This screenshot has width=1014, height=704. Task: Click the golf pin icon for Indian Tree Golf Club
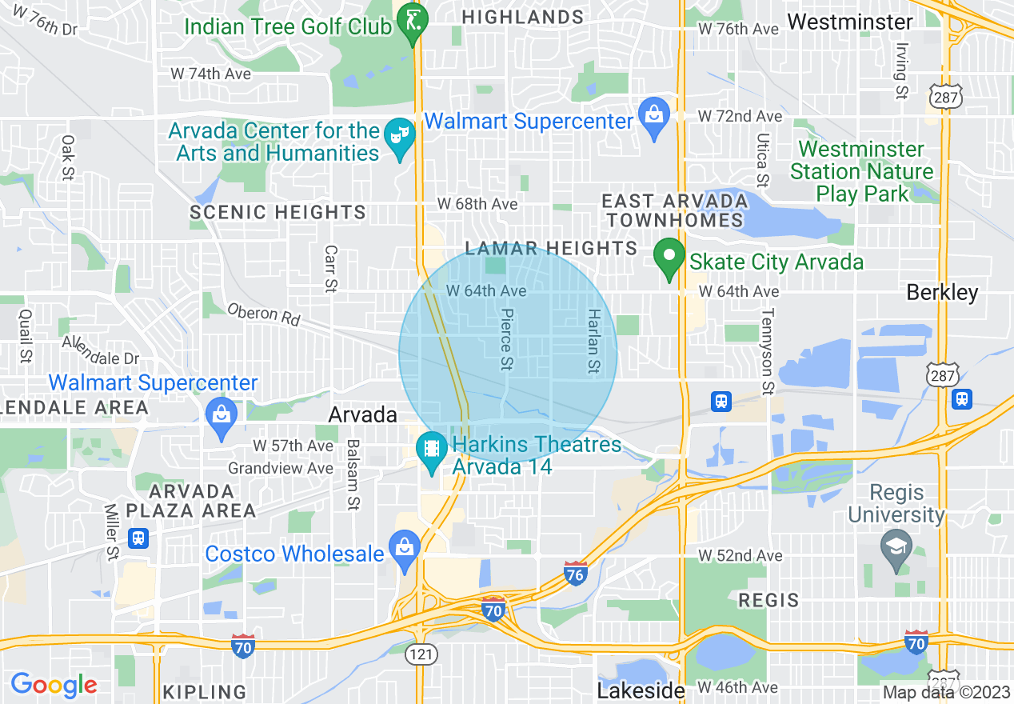pos(414,18)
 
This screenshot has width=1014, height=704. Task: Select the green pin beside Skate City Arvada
pos(668,258)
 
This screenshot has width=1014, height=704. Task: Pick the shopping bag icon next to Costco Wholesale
pos(405,548)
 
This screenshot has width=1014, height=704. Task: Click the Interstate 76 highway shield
pos(575,572)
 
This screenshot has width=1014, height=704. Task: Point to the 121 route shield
pos(421,654)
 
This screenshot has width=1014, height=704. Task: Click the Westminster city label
pos(849,21)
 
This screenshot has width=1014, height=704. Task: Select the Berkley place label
pos(942,292)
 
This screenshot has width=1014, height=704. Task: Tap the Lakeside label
pos(641,690)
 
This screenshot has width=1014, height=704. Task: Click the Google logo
pos(54,684)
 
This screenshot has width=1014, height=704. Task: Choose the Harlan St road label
pos(593,341)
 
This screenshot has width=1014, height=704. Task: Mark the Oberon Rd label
pos(262,314)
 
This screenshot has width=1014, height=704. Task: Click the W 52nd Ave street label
pos(740,555)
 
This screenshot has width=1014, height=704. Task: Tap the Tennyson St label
pos(768,351)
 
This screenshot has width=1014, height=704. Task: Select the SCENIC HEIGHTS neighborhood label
pos(277,212)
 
